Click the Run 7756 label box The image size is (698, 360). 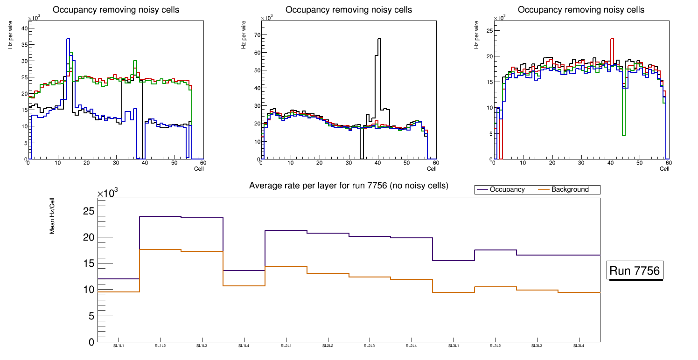pyautogui.click(x=635, y=271)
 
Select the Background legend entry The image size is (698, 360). pyautogui.click(x=569, y=190)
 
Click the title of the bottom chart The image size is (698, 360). pyautogui.click(x=349, y=186)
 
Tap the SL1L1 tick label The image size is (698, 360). pyautogui.click(x=119, y=346)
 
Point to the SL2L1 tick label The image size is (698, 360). pyautogui.click(x=286, y=346)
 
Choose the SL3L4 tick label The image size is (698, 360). pyautogui.click(x=579, y=346)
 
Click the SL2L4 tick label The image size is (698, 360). pyautogui.click(x=412, y=346)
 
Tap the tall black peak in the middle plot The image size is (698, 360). pyautogui.click(x=379, y=39)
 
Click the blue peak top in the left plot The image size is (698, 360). pyautogui.click(x=68, y=39)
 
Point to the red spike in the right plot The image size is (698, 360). pyautogui.click(x=612, y=39)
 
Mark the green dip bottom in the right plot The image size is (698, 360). pyautogui.click(x=623, y=135)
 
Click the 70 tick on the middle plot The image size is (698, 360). pyautogui.click(x=256, y=35)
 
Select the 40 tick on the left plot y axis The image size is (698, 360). pyautogui.click(x=24, y=28)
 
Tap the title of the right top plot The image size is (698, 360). pyautogui.click(x=581, y=9)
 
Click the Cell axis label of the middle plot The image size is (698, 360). pyautogui.click(x=431, y=168)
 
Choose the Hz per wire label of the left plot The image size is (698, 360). pyautogui.click(x=10, y=40)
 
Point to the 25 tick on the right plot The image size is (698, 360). pyautogui.click(x=490, y=30)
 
